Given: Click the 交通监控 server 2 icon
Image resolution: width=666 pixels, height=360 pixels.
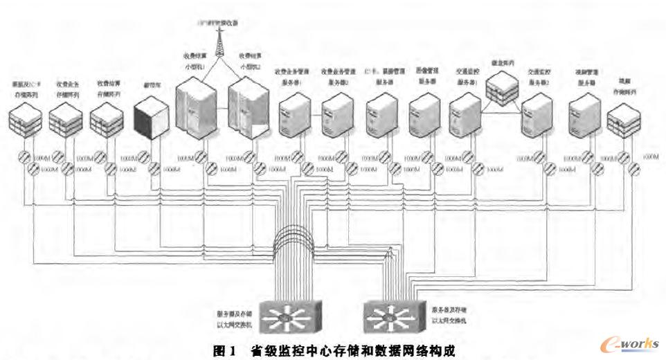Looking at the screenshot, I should coord(537,114).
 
